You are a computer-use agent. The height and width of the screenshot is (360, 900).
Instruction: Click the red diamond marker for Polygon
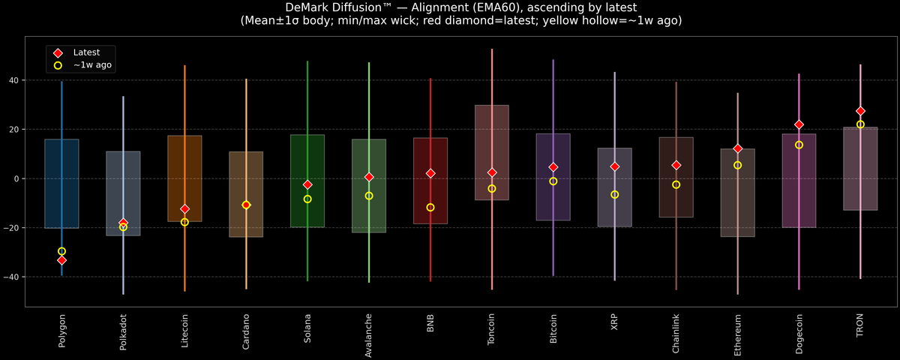point(61,260)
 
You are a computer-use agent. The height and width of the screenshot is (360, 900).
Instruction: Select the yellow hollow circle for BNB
point(430,207)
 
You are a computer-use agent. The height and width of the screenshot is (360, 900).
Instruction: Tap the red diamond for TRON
point(860,111)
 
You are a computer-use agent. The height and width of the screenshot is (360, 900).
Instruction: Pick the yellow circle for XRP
point(614,194)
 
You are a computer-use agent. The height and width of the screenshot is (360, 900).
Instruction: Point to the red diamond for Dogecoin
point(799,124)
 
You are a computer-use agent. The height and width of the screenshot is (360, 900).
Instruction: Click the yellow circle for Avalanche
point(369,196)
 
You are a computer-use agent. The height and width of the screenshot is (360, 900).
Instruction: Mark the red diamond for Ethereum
point(737,148)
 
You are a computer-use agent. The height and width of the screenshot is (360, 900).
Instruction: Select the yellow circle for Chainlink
point(676,184)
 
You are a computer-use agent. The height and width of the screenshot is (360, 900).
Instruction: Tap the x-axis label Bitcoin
point(553,333)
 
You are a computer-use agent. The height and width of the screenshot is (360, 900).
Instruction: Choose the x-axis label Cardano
point(246,333)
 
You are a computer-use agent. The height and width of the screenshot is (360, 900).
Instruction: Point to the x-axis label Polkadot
point(123,334)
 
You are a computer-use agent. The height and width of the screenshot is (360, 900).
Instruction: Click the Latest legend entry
point(85,52)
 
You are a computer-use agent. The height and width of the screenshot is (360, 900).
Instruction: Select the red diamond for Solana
point(307,184)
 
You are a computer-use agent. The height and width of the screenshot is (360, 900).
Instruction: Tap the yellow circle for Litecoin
point(184,222)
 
